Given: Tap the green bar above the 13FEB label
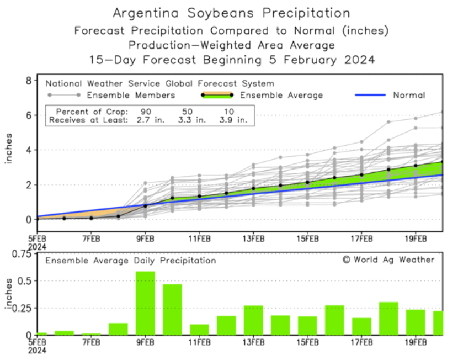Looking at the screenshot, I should [x=253, y=320].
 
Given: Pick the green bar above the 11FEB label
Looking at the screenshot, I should [x=199, y=329].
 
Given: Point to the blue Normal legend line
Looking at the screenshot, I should [x=370, y=95].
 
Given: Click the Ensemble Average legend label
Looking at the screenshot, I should [x=281, y=95].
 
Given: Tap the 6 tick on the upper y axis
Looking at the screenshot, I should [x=27, y=115].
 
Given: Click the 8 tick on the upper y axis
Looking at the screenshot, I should [x=27, y=81].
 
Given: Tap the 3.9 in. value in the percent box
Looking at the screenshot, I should [x=235, y=119].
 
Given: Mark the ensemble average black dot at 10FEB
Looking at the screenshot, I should [x=172, y=198].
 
